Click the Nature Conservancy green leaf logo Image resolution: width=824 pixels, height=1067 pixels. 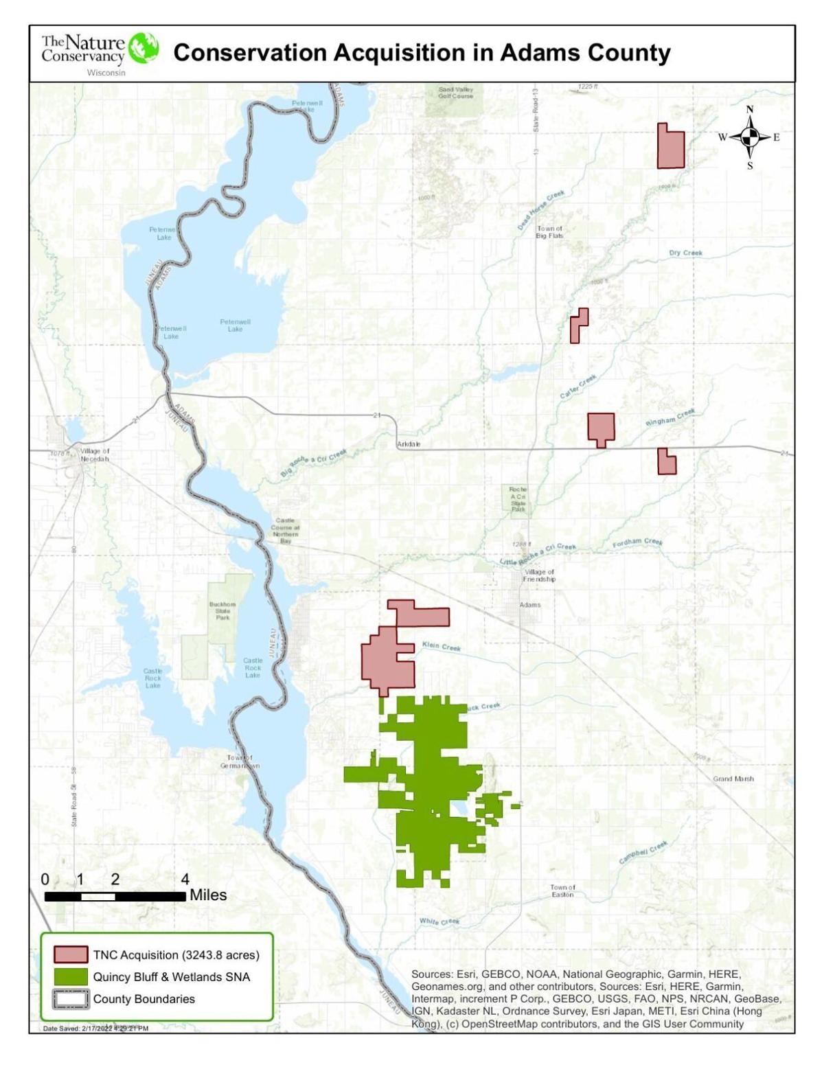(x=144, y=48)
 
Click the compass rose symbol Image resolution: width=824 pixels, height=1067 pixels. (x=749, y=137)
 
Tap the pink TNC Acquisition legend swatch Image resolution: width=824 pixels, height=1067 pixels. (x=71, y=954)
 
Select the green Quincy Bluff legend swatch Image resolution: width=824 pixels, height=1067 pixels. (x=71, y=976)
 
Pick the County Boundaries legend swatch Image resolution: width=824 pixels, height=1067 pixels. (x=71, y=998)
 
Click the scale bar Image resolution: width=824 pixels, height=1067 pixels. (x=115, y=896)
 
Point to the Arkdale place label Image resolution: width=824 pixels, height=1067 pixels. (x=409, y=444)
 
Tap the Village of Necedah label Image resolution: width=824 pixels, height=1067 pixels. (x=94, y=455)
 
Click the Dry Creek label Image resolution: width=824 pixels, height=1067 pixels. (x=685, y=253)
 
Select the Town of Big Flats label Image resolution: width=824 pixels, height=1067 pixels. (x=549, y=232)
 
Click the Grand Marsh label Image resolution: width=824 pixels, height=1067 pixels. (x=733, y=779)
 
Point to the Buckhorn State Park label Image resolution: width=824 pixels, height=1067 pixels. (x=222, y=610)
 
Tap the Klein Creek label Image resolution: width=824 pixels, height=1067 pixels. (x=441, y=646)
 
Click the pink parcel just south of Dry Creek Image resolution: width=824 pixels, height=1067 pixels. (x=578, y=327)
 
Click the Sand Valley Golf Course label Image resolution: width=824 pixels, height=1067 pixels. (x=456, y=93)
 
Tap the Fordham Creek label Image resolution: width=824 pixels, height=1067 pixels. (x=637, y=542)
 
